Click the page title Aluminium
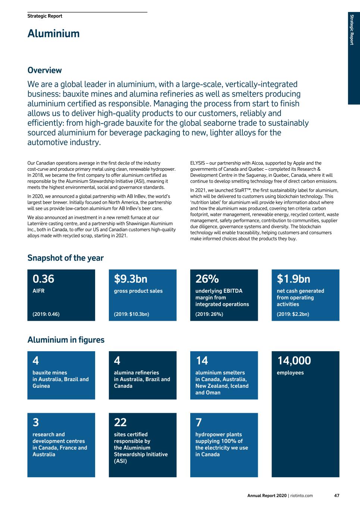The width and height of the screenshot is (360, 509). point(53,34)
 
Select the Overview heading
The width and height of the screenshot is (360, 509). point(44,70)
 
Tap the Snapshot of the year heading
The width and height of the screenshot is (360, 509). point(65,258)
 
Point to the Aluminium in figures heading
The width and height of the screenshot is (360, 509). point(66,340)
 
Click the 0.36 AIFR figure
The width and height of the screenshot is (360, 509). point(43,279)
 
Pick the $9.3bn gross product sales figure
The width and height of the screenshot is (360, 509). point(131,279)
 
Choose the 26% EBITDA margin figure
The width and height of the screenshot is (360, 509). point(207,279)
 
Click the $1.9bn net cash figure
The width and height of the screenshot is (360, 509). point(293,279)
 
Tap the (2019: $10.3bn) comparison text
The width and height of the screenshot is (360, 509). point(131,314)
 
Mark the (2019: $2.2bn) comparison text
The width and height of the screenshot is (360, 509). point(293,314)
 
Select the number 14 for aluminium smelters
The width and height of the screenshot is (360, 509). point(202,361)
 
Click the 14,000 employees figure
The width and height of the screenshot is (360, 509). point(294,361)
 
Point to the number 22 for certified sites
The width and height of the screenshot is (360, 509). point(120,422)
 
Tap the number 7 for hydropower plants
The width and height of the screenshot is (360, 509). point(198,422)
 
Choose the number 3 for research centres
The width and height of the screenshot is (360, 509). point(35,422)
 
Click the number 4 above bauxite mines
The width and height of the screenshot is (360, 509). point(35,361)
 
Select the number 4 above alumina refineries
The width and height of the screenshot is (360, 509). point(117,361)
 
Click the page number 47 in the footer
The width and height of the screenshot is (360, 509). point(336,496)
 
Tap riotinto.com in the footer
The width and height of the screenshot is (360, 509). point(301,496)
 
